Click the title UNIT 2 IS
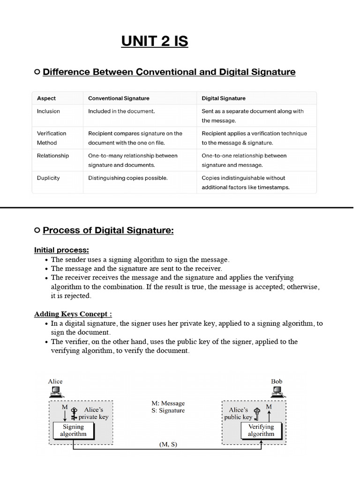[x=155, y=41]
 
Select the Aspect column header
[x=46, y=98]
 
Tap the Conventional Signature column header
[x=119, y=98]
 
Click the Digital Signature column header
[x=223, y=98]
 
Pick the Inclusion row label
[x=48, y=112]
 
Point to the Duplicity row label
[x=48, y=178]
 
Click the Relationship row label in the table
[x=52, y=156]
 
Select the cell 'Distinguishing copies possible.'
[x=127, y=178]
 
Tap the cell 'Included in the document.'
[x=121, y=112]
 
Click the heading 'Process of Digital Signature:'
[x=108, y=231]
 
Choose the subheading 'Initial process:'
[x=61, y=250]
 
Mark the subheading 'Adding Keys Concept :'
[x=73, y=314]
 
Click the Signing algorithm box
[x=73, y=430]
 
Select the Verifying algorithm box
[x=261, y=430]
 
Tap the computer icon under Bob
[x=277, y=391]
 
